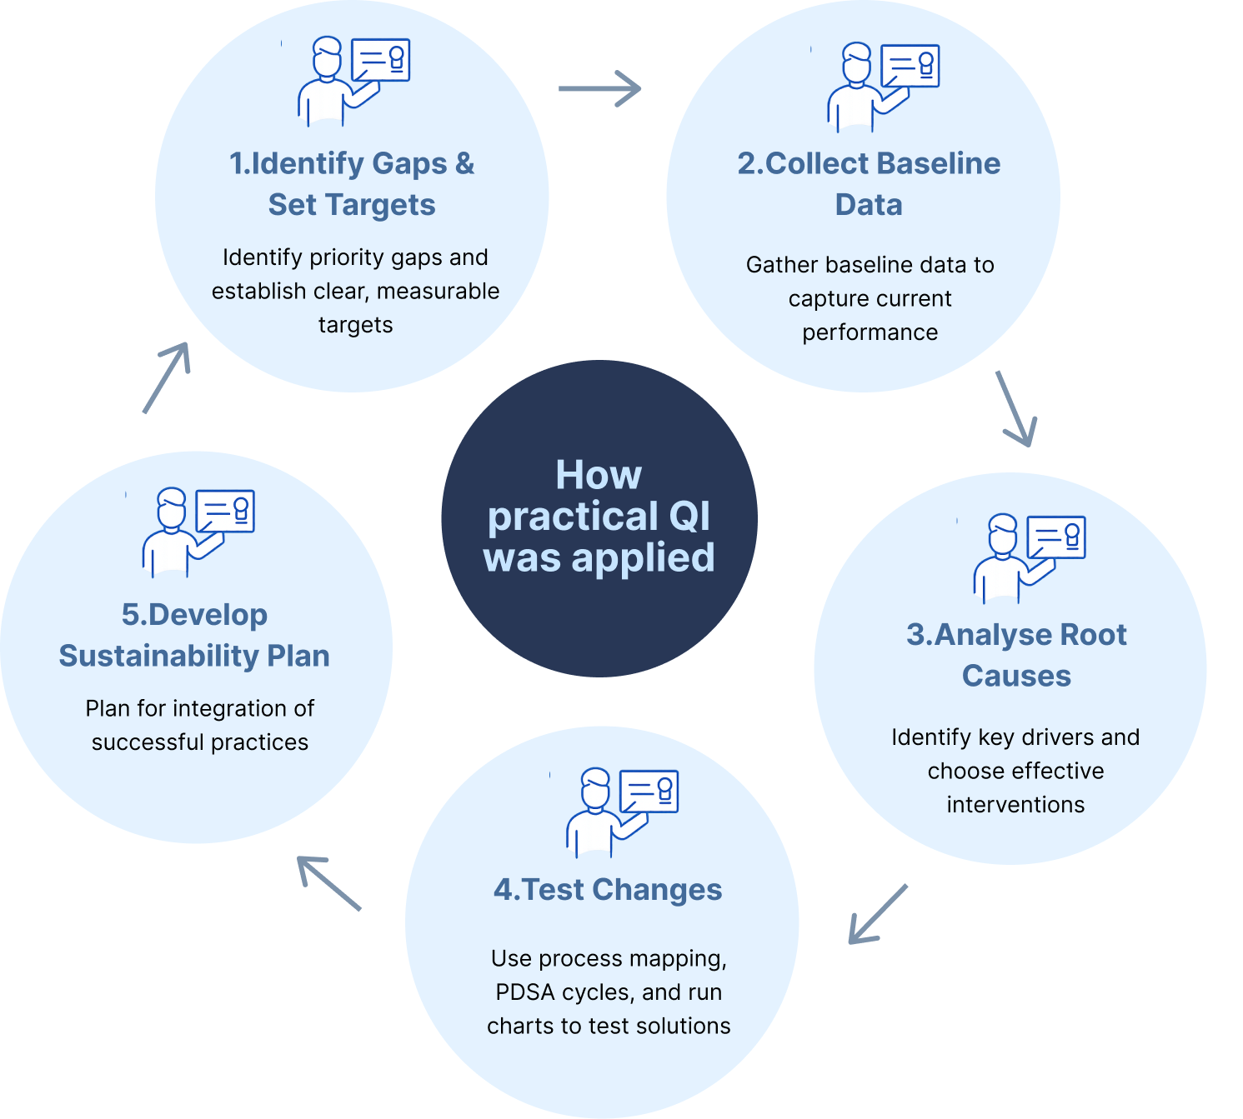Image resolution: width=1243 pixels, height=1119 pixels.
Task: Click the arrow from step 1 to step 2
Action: tap(599, 88)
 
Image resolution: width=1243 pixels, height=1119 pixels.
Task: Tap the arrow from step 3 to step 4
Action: tap(877, 914)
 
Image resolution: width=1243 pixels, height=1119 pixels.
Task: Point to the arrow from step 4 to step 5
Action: tap(329, 883)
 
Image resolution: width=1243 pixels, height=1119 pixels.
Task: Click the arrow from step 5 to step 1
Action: tap(167, 377)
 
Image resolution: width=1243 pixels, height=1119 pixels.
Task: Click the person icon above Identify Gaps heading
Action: tap(353, 81)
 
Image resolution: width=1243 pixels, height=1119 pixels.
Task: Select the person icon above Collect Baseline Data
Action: tap(883, 87)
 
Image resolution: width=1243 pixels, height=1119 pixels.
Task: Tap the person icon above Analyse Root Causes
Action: tap(1029, 557)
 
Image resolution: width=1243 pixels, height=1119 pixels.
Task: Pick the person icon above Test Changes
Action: tap(622, 812)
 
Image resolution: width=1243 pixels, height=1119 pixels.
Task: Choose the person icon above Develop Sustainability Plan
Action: tap(198, 532)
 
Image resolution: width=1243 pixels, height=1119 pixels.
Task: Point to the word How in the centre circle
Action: tap(599, 476)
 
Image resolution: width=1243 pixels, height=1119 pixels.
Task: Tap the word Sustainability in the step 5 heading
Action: tap(158, 656)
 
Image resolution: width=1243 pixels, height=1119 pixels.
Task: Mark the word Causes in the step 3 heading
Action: tap(1016, 676)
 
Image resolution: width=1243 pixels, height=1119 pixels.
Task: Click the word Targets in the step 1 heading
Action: tap(380, 205)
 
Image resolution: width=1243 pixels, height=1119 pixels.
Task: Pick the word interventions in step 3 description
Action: tap(1015, 805)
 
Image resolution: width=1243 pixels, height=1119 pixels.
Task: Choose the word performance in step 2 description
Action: tap(870, 332)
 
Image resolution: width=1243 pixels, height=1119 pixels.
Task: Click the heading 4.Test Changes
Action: tap(608, 890)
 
